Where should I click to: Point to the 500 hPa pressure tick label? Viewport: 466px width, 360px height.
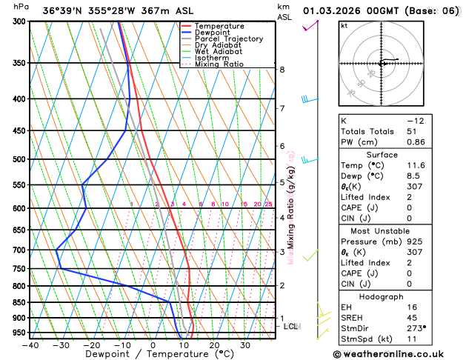click(x=19, y=159)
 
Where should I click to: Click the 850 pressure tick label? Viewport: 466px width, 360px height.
click(x=19, y=303)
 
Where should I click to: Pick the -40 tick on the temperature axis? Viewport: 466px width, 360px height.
click(x=30, y=345)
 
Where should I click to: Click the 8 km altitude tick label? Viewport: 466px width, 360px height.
click(x=282, y=70)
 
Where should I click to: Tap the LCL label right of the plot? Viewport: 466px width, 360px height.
click(x=291, y=326)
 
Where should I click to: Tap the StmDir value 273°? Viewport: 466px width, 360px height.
click(x=416, y=327)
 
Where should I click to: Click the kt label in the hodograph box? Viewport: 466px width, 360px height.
click(x=344, y=25)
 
